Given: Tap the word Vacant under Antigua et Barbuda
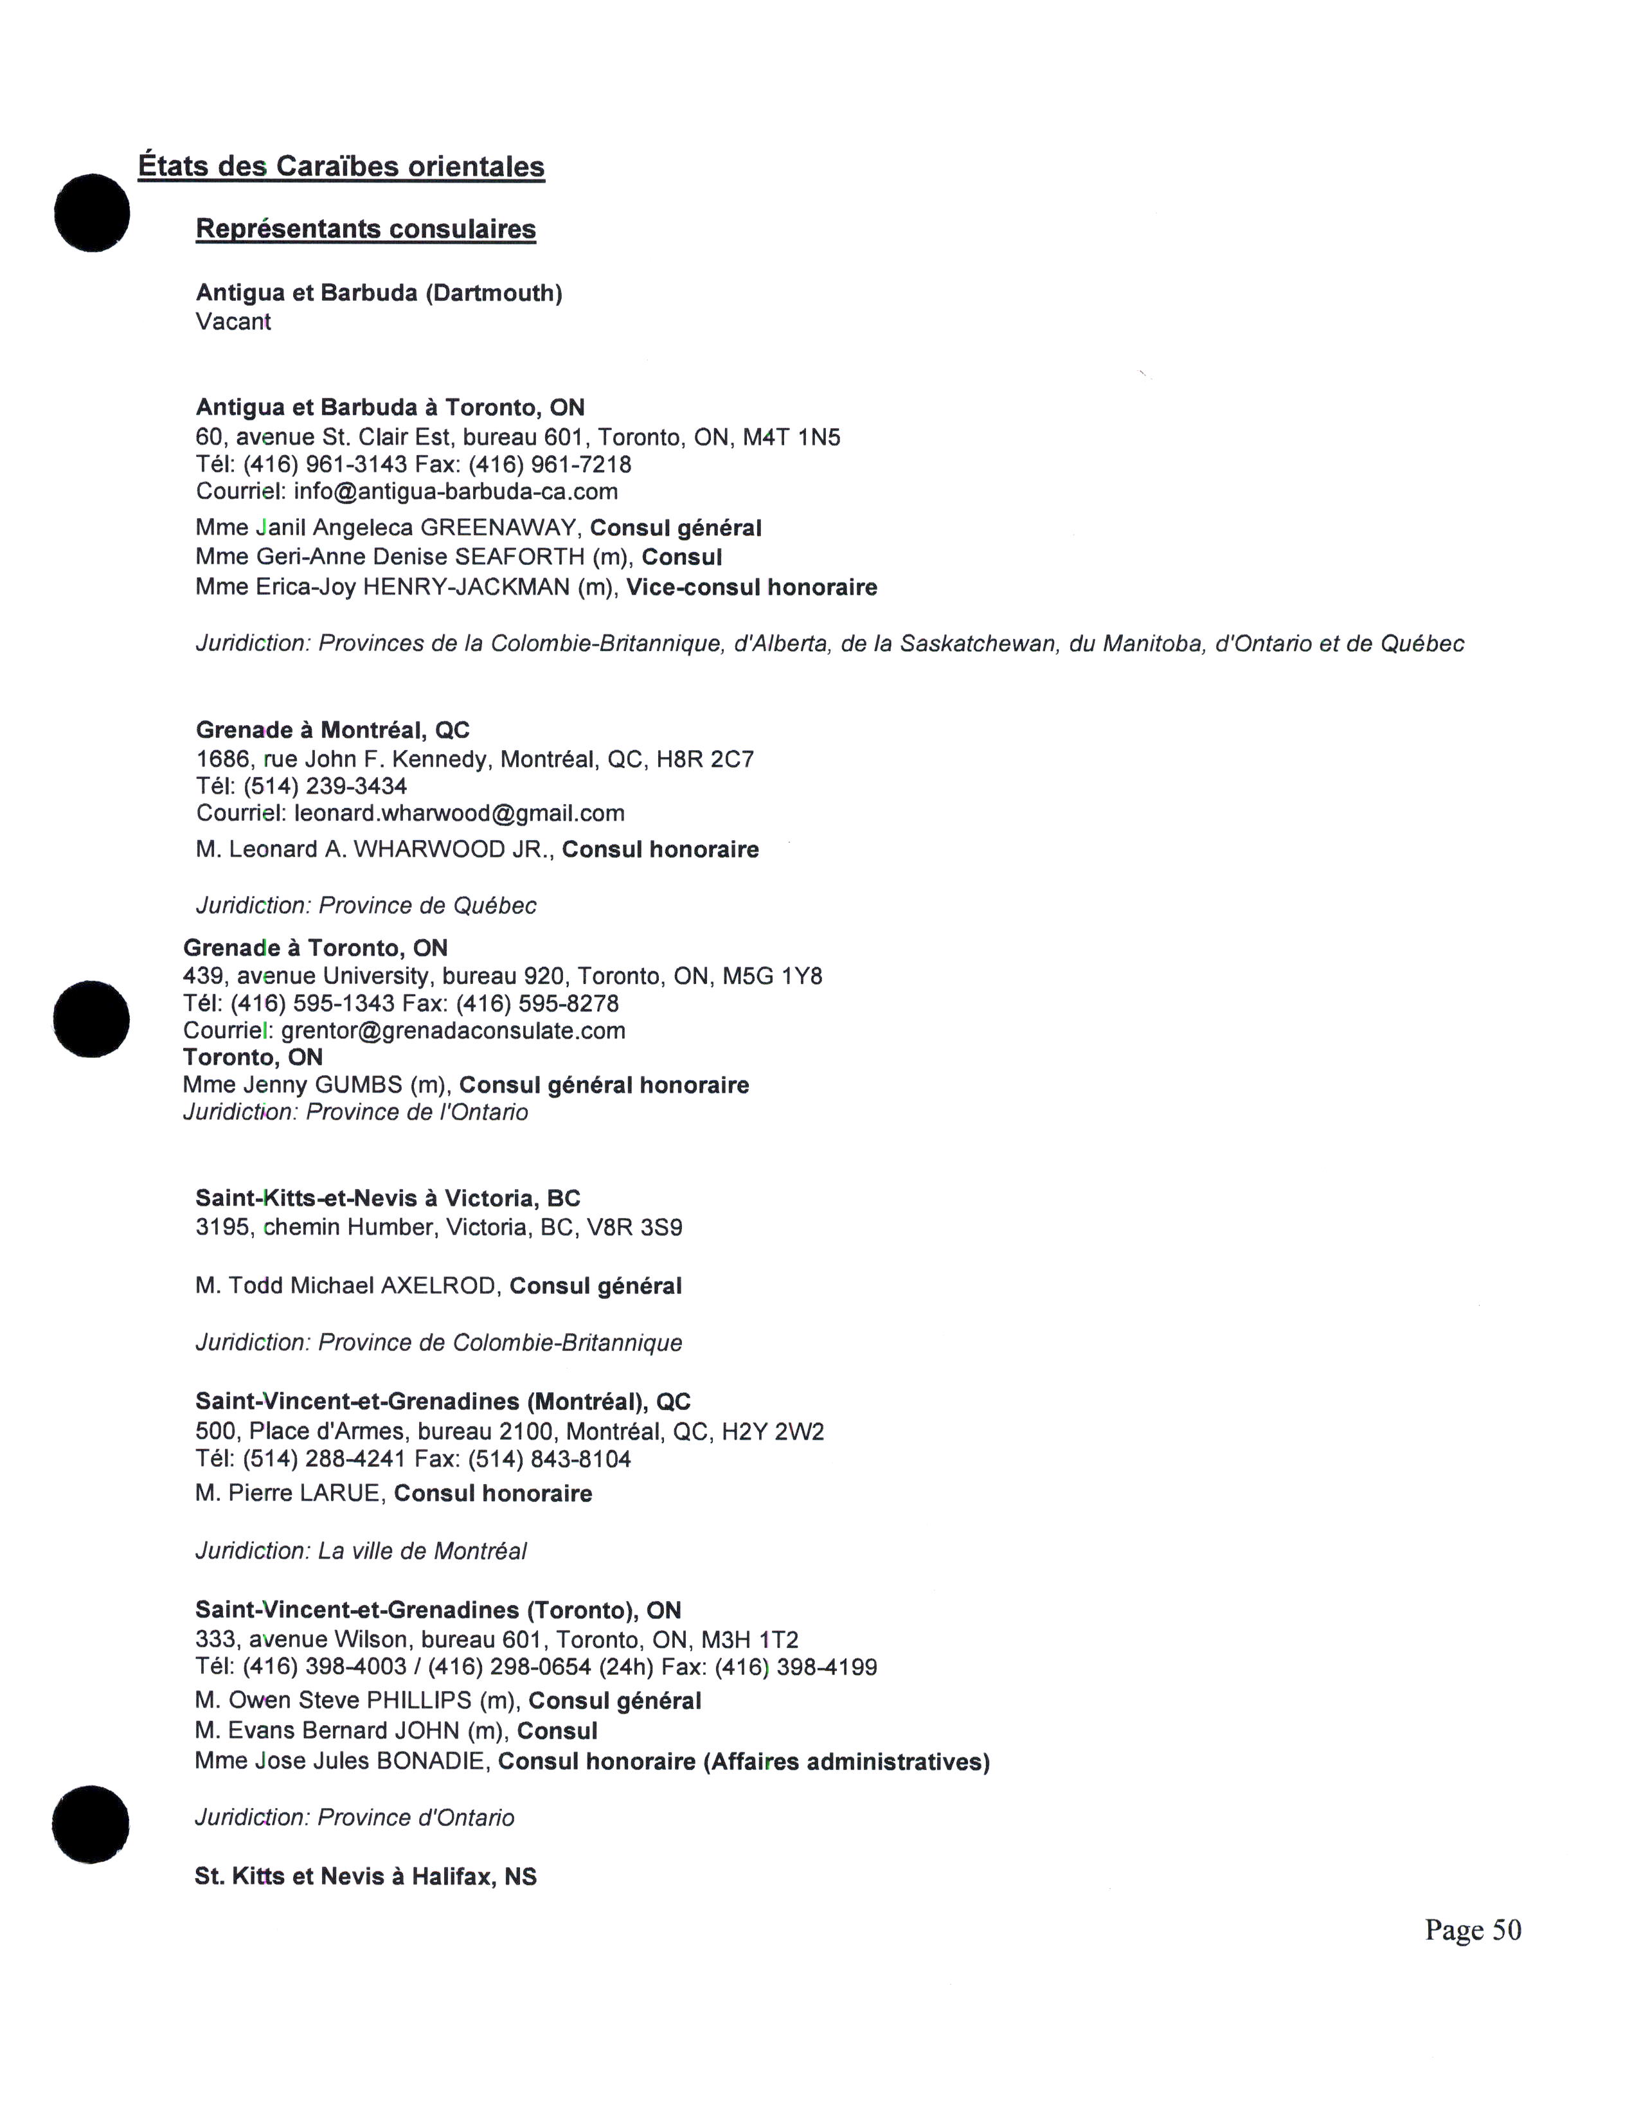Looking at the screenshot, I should pyautogui.click(x=233, y=323).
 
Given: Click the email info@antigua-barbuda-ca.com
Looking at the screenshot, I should pyautogui.click(x=456, y=492).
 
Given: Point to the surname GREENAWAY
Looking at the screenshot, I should pyautogui.click(x=498, y=528).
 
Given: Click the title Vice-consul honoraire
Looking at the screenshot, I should pyautogui.click(x=751, y=587).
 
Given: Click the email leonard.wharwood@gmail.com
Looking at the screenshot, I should pyautogui.click(x=460, y=813).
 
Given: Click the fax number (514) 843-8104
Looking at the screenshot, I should pyautogui.click(x=550, y=1459).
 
